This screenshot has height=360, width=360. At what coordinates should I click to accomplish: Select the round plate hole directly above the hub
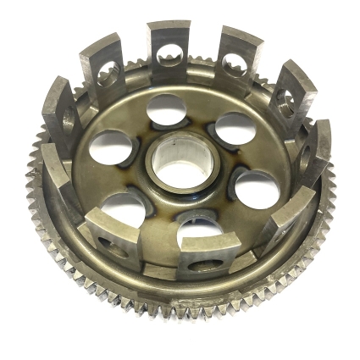(x=166, y=109)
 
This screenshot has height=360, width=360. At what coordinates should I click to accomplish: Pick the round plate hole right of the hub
(x=254, y=186)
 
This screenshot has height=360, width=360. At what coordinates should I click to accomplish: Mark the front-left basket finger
(x=115, y=229)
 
